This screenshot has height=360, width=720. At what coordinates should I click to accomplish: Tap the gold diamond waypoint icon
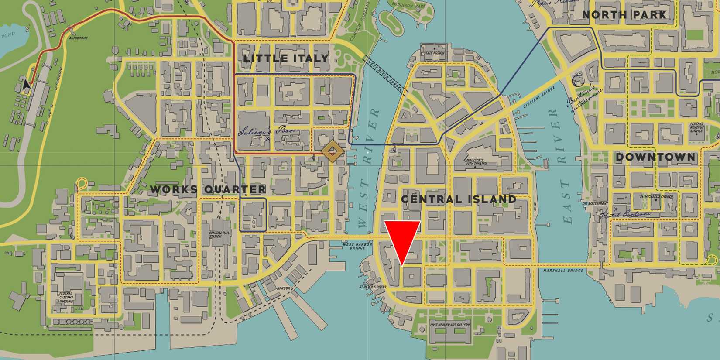click(x=332, y=151)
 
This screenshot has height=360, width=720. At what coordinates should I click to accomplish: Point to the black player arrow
click(x=27, y=85)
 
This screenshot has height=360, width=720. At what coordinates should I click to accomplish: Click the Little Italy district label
click(x=285, y=58)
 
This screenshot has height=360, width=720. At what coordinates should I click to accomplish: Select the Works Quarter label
click(x=208, y=189)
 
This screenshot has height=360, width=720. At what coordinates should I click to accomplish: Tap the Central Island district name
click(x=458, y=199)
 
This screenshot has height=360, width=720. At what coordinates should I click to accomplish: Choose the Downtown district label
click(x=655, y=157)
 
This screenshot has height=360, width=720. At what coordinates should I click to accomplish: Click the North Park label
click(x=624, y=15)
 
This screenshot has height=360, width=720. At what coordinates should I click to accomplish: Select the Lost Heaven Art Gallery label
click(x=450, y=325)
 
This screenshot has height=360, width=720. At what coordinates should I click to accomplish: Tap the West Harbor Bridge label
click(x=357, y=246)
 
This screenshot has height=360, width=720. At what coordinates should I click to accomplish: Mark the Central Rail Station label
click(x=216, y=235)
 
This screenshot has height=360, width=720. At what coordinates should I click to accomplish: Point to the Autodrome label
click(x=79, y=38)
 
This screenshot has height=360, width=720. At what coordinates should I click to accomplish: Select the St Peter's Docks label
click(x=373, y=287)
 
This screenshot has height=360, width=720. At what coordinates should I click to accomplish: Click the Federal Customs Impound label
click(x=66, y=297)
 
